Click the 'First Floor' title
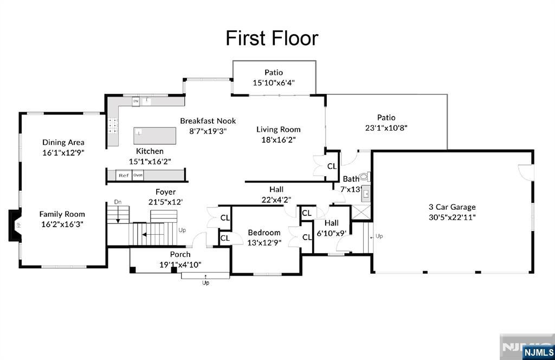(272, 38)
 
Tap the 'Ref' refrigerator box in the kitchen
(124, 175)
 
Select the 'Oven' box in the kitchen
(138, 175)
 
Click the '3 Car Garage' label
(452, 207)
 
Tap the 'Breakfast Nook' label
(208, 121)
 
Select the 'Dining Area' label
(63, 142)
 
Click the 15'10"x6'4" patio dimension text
(274, 83)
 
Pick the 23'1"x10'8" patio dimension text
(386, 128)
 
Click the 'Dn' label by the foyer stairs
(118, 202)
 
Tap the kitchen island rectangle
(155, 135)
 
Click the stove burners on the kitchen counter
(113, 126)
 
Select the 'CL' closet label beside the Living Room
(332, 166)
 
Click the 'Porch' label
(180, 254)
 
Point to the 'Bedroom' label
(264, 233)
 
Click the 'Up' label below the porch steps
(205, 282)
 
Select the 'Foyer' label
(165, 192)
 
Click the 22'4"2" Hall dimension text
(276, 199)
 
